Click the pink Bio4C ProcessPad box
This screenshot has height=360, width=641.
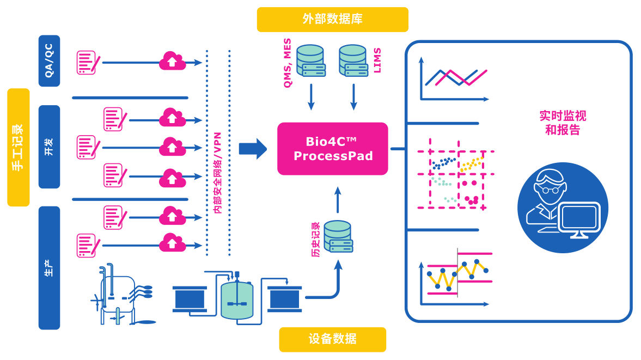[332, 149]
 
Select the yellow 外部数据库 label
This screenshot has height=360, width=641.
[332, 19]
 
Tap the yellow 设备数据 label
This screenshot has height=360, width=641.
[332, 339]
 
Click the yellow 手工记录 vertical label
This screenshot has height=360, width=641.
[18, 148]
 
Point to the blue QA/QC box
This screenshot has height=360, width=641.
[49, 61]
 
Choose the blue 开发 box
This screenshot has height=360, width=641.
[49, 147]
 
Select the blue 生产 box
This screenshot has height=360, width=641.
[49, 267]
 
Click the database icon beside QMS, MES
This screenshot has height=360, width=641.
[311, 60]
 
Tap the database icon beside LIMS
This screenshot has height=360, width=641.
[353, 60]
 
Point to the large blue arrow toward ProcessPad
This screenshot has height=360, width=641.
[253, 148]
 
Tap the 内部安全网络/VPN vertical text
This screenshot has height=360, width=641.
[217, 172]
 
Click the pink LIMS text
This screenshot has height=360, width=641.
[377, 60]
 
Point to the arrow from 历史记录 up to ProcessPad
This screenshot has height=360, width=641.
[338, 200]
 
